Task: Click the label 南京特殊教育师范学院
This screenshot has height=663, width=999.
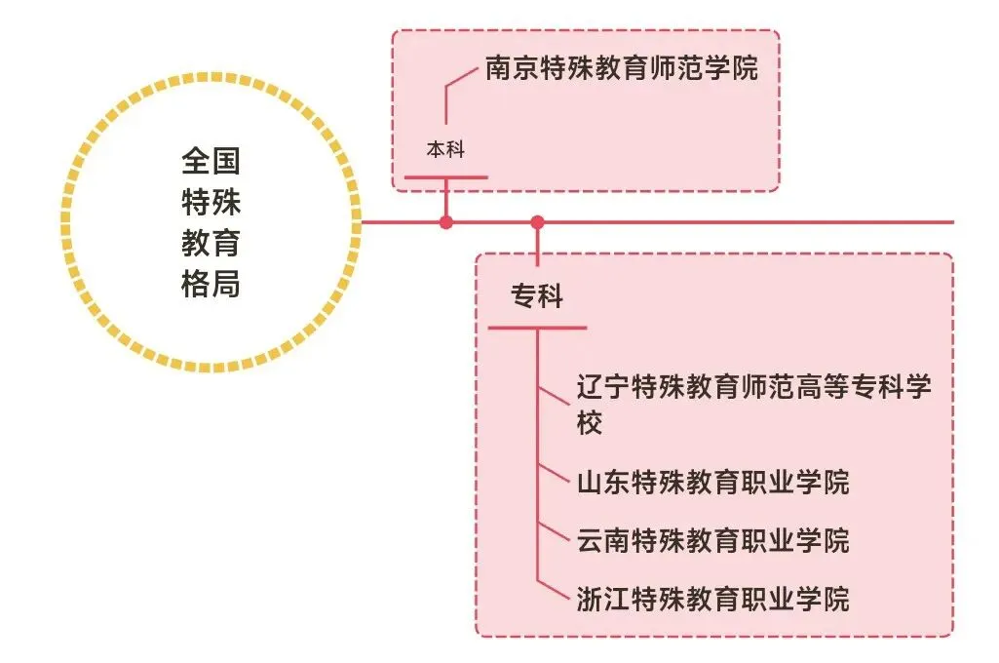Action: (621, 69)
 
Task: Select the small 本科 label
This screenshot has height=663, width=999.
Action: (445, 149)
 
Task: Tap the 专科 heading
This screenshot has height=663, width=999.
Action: (537, 295)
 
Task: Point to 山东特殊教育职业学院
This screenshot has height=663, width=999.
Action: (712, 482)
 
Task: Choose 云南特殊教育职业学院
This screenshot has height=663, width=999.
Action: (712, 539)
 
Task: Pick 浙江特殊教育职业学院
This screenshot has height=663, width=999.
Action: (712, 598)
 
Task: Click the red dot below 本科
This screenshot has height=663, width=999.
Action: (445, 222)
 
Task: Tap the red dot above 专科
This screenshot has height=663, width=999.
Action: (537, 222)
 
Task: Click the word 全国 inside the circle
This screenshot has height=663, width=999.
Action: (211, 161)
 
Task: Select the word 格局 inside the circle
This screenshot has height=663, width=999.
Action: (211, 285)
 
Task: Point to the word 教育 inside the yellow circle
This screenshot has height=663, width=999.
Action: (211, 244)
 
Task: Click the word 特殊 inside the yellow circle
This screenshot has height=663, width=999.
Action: (211, 203)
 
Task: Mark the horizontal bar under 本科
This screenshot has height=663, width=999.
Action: (445, 177)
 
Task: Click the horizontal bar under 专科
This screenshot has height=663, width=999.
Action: (537, 328)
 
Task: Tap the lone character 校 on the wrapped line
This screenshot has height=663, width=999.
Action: (590, 423)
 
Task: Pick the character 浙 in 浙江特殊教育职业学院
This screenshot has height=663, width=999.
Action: (591, 598)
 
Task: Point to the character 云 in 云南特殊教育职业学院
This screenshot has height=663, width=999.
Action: (591, 539)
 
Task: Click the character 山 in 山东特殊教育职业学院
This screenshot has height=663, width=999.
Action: (591, 482)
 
